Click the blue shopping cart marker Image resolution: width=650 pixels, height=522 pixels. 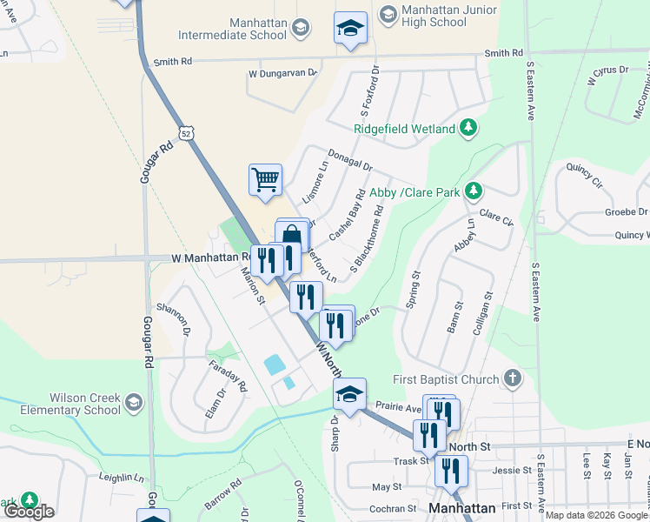(x=265, y=179)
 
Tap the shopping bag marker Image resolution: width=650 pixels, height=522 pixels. (x=292, y=234)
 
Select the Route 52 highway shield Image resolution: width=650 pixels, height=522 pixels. (x=186, y=133)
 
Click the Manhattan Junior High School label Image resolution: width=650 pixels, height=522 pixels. (x=449, y=17)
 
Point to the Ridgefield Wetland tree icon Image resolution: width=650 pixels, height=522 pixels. (x=468, y=129)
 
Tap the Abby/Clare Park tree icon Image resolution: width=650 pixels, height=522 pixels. (x=473, y=191)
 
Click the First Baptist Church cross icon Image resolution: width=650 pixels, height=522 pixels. (x=513, y=379)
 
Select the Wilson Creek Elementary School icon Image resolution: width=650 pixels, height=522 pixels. (x=133, y=403)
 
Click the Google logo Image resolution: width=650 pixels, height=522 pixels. (x=29, y=512)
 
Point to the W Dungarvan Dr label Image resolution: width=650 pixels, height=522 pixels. (x=281, y=73)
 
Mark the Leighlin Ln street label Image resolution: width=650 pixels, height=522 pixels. (x=122, y=478)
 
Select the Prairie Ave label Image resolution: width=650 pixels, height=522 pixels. (x=398, y=406)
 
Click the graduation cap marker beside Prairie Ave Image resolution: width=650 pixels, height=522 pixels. (x=349, y=393)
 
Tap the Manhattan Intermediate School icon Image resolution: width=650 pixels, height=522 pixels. (x=301, y=29)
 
